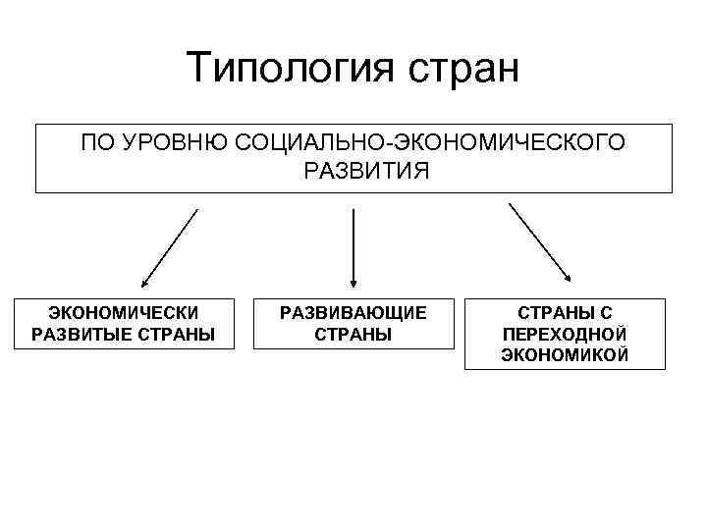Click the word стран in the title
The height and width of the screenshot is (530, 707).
[x=460, y=71]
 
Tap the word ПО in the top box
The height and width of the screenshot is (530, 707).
[x=99, y=144]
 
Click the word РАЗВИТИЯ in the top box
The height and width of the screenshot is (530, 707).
[x=353, y=172]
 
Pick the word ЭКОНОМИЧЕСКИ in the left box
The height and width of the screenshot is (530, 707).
[x=124, y=313]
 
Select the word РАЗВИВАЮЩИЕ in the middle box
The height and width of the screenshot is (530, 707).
[x=353, y=313]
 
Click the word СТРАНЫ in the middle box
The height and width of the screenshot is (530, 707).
[x=353, y=334]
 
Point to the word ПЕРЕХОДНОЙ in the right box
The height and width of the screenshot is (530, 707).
[x=565, y=334]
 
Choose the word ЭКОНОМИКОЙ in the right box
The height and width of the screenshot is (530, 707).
[x=565, y=354]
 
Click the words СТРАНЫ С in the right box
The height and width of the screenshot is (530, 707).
[x=565, y=313]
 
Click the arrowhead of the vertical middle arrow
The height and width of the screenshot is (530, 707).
[x=353, y=281]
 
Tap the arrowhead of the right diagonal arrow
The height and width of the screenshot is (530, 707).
[x=569, y=279]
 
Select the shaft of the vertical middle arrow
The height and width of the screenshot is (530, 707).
[x=353, y=240]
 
